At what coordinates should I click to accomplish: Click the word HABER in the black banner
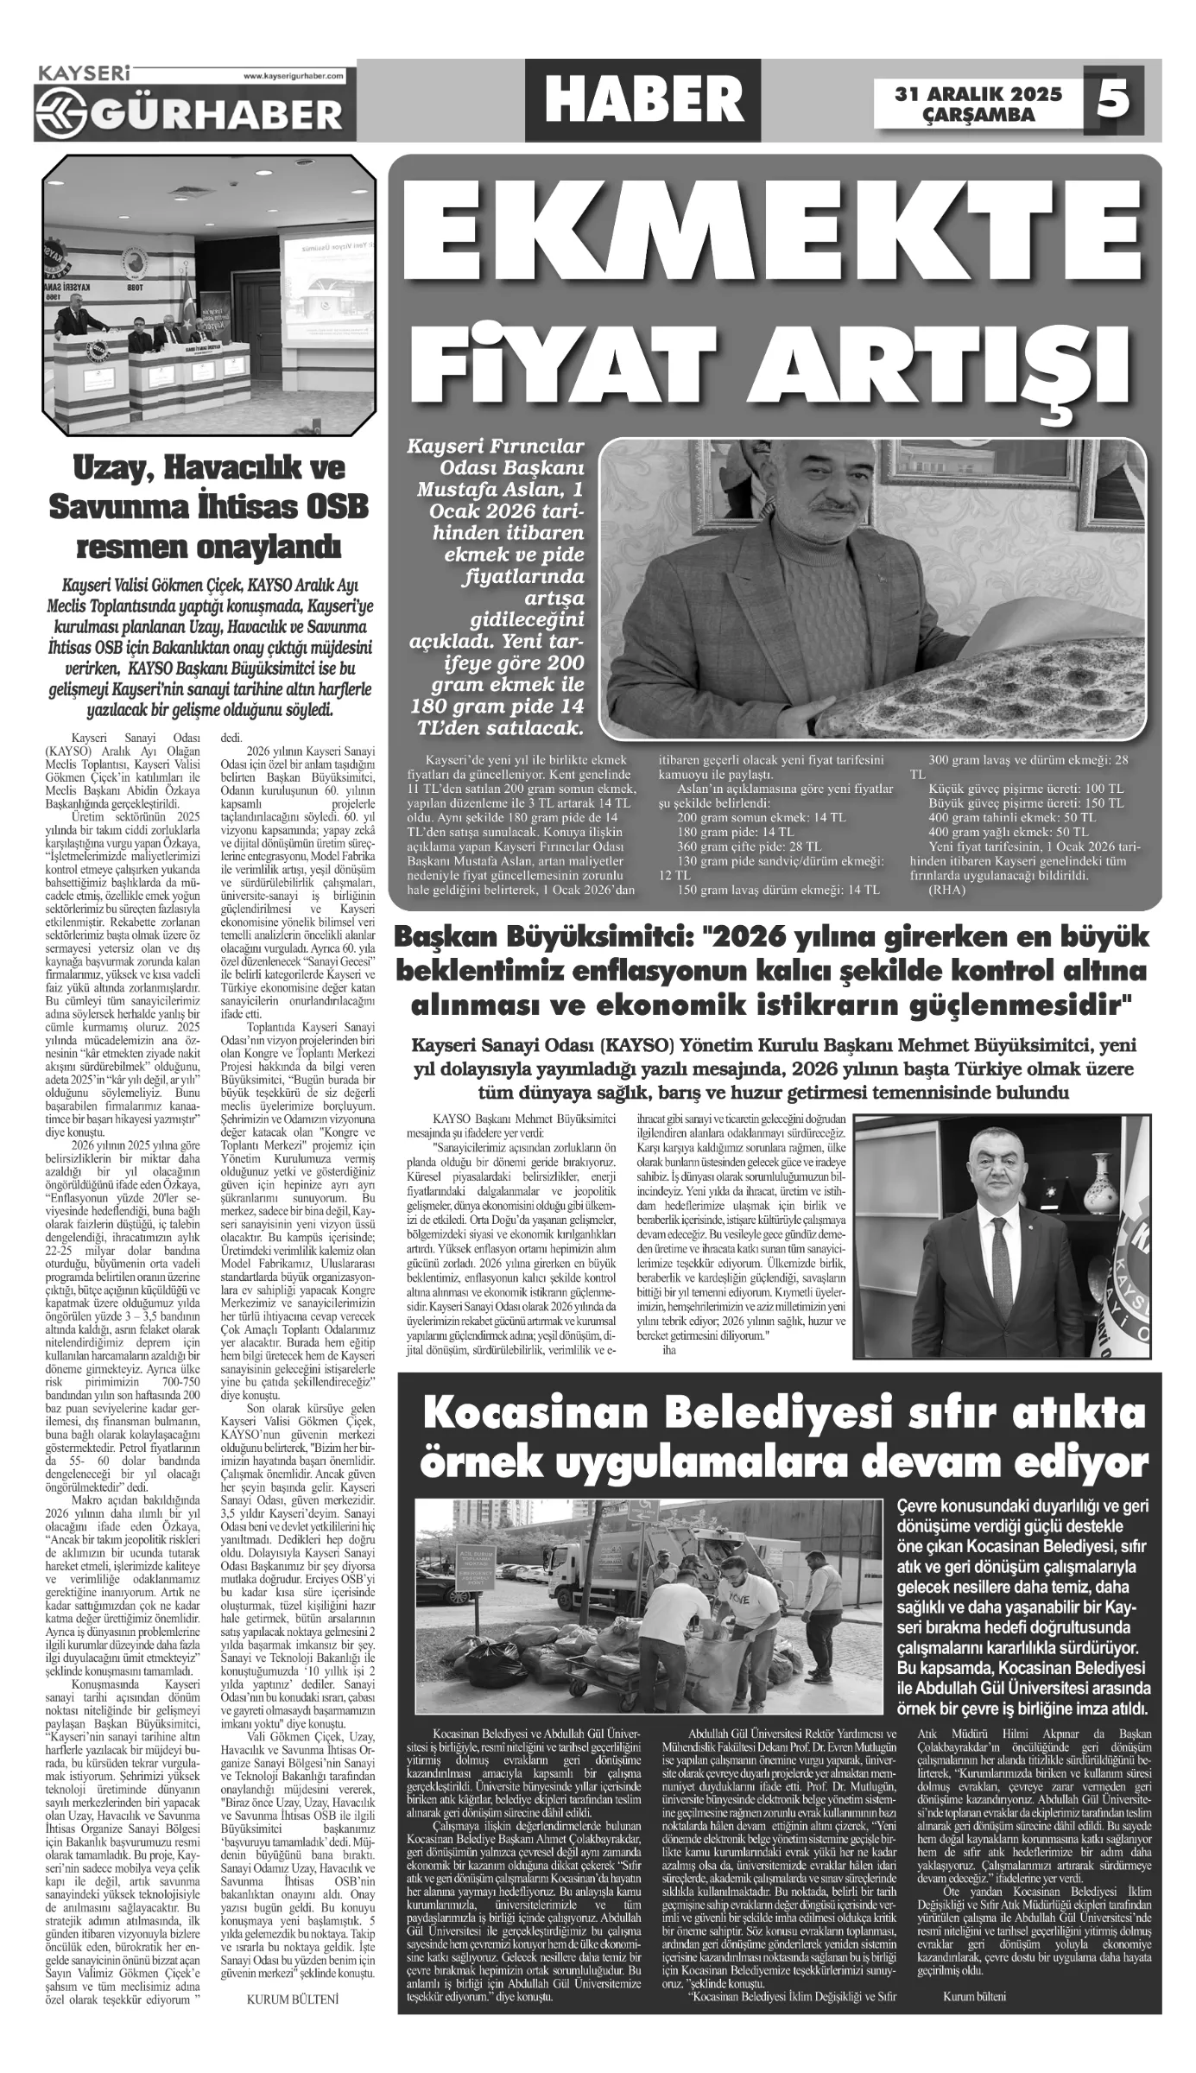click(643, 100)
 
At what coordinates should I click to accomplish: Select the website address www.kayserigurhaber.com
click(294, 76)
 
